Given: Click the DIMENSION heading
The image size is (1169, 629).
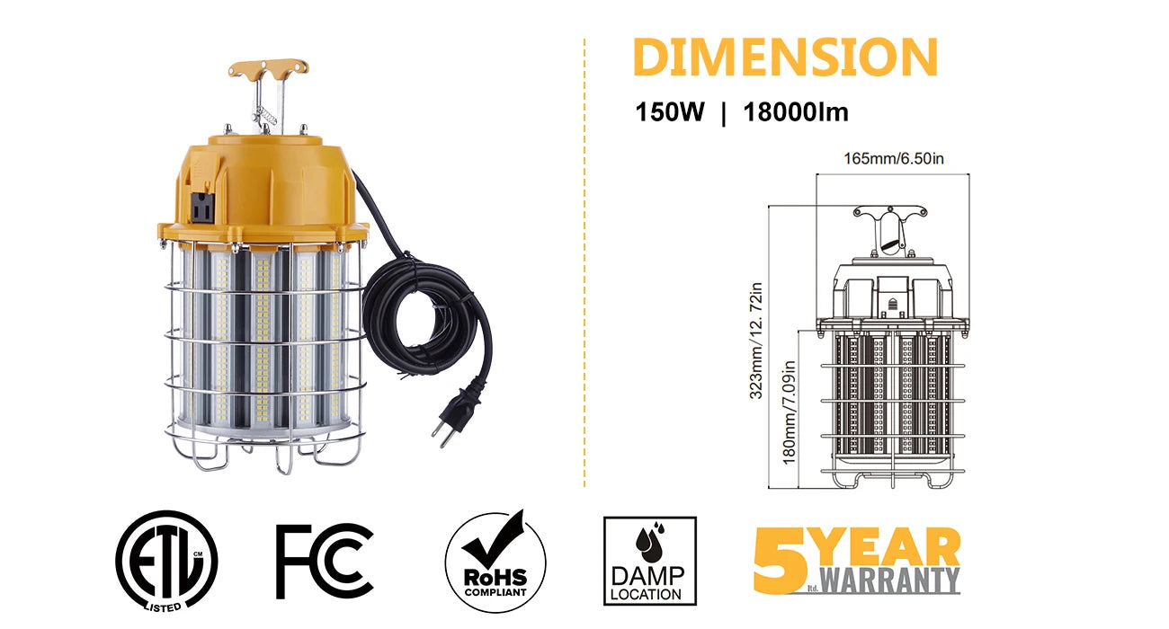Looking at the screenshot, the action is point(785,58).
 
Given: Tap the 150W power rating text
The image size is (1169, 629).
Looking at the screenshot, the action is point(670,111).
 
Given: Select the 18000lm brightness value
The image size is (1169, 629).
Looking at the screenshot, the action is point(796,111).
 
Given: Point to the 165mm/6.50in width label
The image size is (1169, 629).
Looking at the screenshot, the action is point(894,158).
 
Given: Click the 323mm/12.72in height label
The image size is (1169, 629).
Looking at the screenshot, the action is point(755,340).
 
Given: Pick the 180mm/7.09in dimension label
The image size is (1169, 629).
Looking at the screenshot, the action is point(789,412).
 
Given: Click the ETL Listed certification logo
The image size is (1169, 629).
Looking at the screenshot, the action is point(166,561).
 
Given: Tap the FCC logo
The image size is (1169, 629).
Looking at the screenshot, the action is point(324,562).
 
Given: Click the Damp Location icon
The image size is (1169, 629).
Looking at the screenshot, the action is point(650,561).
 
